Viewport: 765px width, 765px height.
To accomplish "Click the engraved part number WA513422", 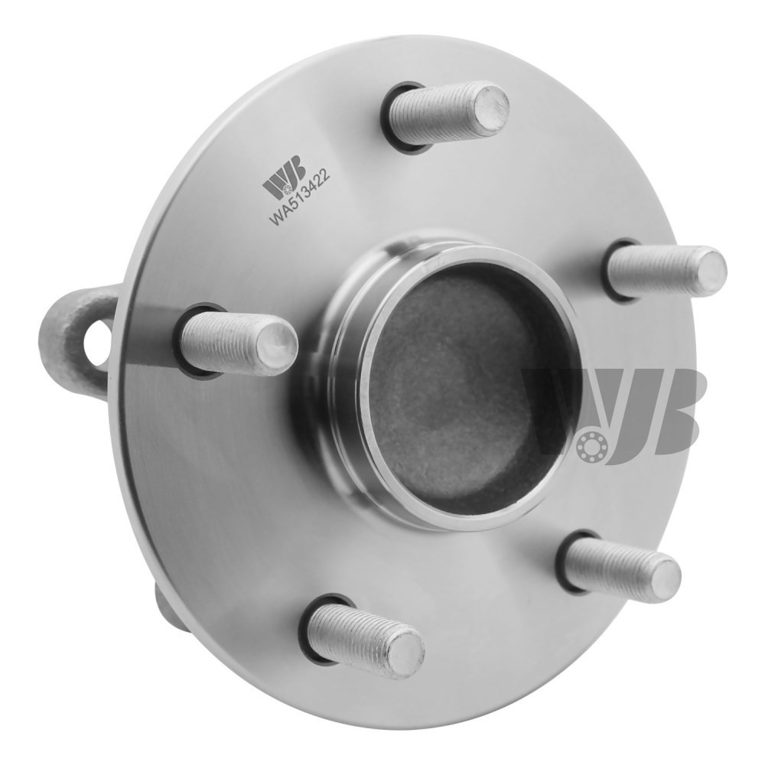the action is pyautogui.click(x=300, y=197).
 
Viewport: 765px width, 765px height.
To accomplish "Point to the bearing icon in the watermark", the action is pyautogui.click(x=592, y=444).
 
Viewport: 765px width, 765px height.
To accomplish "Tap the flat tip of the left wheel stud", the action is pyautogui.click(x=278, y=344).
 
